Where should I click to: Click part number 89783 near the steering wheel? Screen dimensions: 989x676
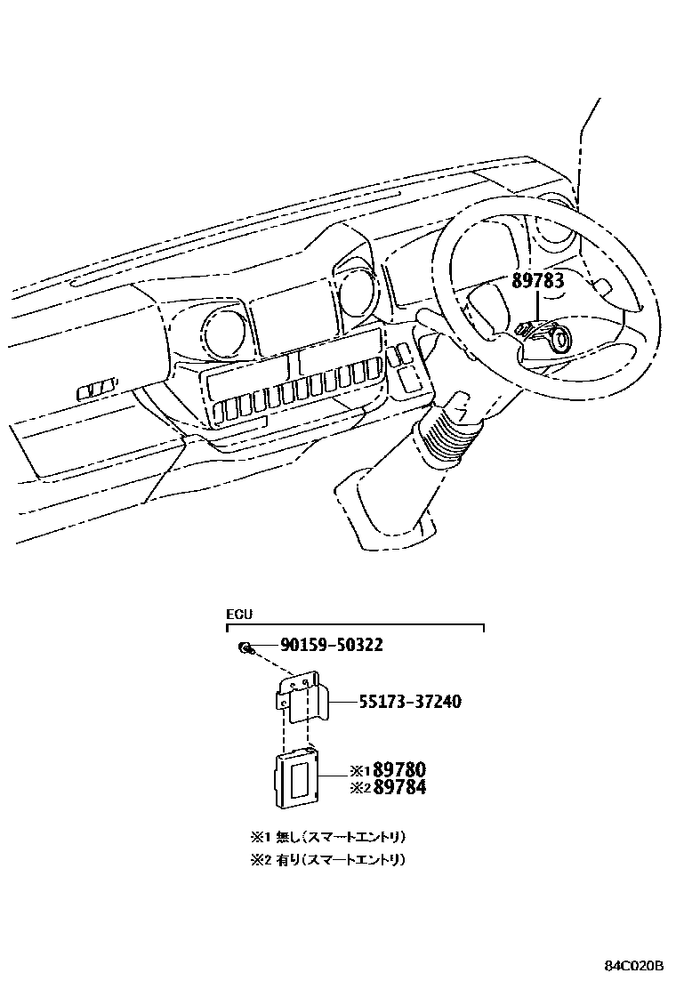pyautogui.click(x=537, y=282)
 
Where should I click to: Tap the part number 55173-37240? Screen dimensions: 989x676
pyautogui.click(x=410, y=702)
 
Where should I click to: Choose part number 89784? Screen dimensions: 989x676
pyautogui.click(x=399, y=787)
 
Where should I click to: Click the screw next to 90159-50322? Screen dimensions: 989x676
pyautogui.click(x=243, y=647)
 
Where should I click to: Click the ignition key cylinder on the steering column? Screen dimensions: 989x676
pyautogui.click(x=560, y=339)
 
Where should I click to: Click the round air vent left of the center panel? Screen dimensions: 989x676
pyautogui.click(x=222, y=334)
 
